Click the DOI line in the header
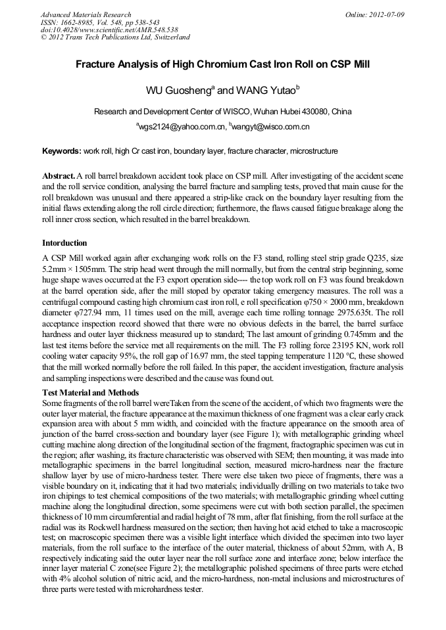click(109, 30)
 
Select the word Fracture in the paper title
click(98, 65)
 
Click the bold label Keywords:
click(62, 151)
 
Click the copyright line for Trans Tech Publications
click(115, 37)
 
